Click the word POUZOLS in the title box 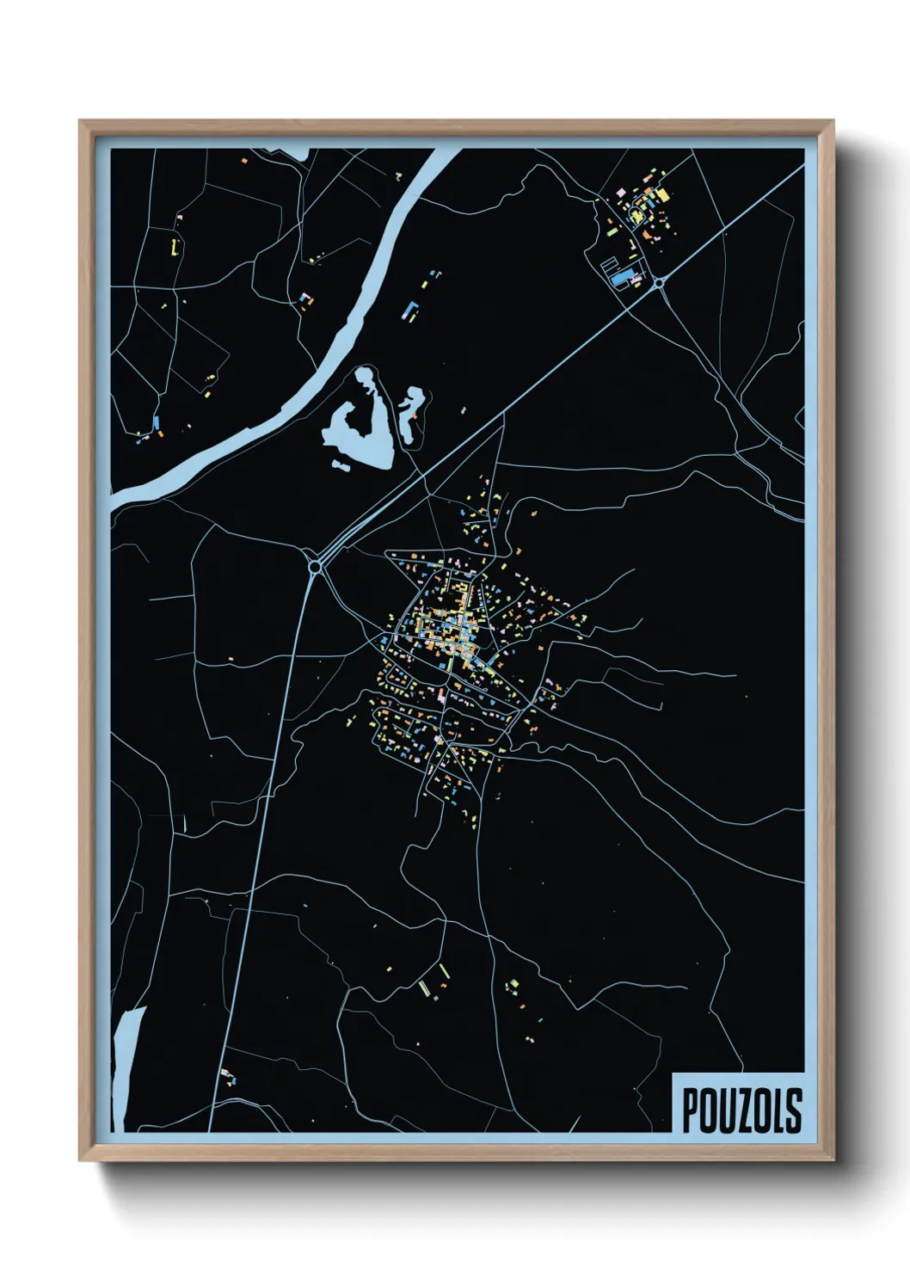[741, 1110]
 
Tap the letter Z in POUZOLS [741, 1110]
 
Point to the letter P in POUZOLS [690, 1110]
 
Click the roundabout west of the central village [316, 566]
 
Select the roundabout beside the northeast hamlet [659, 282]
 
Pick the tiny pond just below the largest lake [341, 466]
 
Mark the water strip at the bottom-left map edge [127, 1067]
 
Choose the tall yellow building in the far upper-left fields [175, 247]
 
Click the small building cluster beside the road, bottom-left [228, 1077]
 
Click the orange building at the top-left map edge [244, 161]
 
